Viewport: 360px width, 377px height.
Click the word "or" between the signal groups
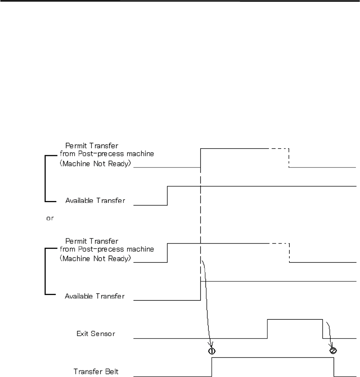[49, 218]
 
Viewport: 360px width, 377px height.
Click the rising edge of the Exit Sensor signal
[267, 329]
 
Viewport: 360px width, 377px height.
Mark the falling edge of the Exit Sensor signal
[323, 329]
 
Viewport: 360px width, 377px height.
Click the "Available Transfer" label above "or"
[95, 201]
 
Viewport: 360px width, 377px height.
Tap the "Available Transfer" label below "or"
[95, 296]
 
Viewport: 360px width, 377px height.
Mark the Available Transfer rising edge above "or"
[168, 196]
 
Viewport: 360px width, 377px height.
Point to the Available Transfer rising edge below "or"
[200, 291]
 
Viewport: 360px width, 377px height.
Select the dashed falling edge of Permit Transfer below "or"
[289, 253]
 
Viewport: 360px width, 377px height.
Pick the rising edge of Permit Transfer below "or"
[168, 252]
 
